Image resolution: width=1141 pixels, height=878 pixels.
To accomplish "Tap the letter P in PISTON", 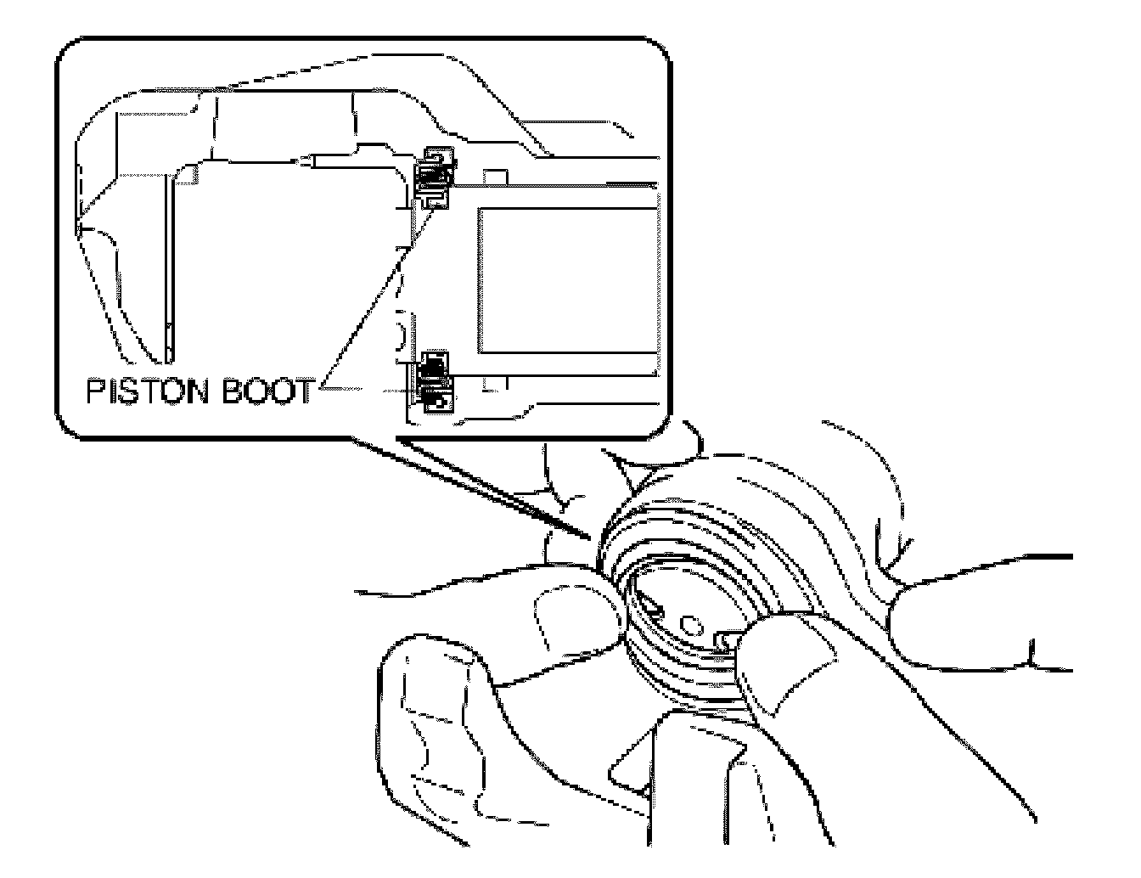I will click(96, 392).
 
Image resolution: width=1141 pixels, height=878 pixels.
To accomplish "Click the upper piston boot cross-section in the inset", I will click(434, 178).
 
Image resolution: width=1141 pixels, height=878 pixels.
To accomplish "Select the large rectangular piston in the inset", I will click(569, 280).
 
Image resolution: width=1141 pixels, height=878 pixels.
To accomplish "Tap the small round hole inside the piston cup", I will click(692, 626).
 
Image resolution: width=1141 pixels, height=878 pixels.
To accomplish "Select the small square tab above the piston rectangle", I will click(495, 176).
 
